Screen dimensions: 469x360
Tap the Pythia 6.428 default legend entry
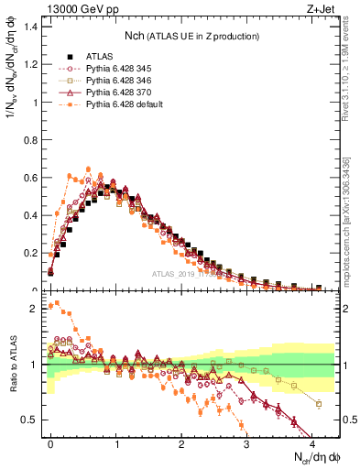(x=125, y=104)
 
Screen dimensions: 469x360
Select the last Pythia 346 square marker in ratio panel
(x=319, y=404)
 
